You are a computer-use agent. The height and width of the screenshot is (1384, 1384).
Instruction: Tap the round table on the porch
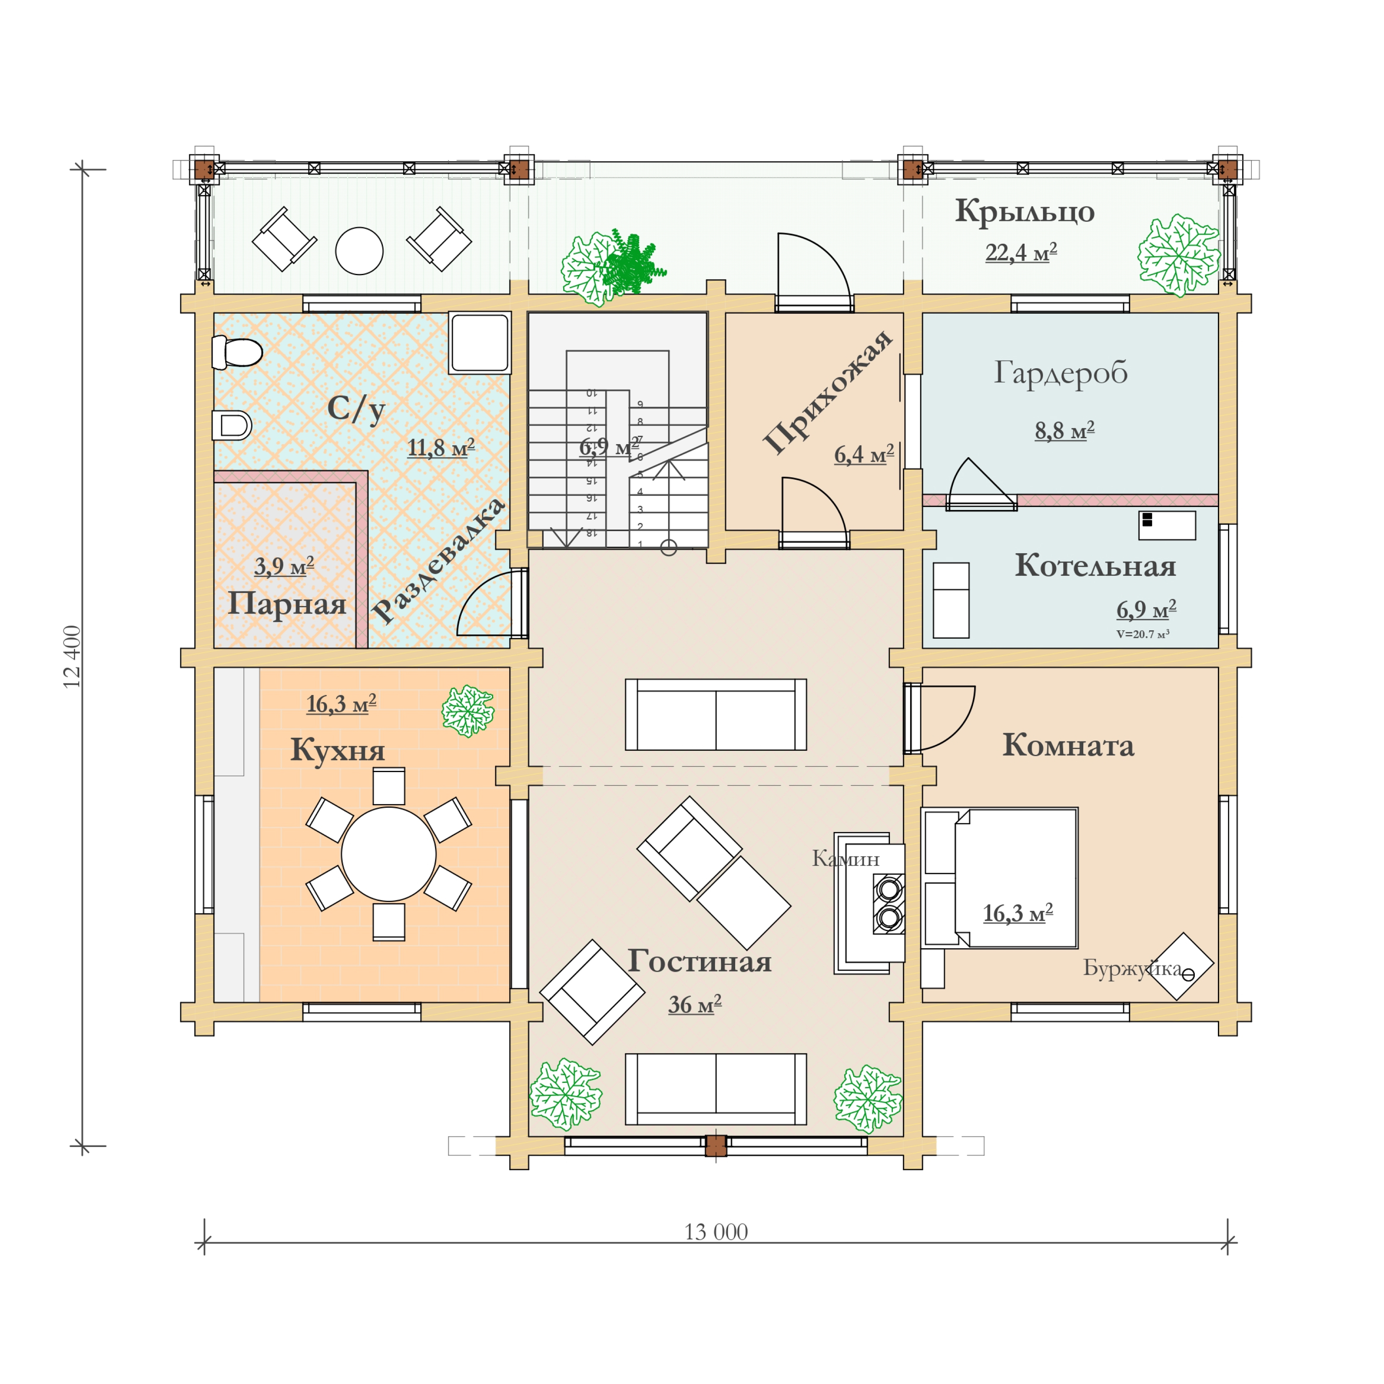point(359,251)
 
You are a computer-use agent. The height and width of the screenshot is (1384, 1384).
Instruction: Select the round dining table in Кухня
point(388,854)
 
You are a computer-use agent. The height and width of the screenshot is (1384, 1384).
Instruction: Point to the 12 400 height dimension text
point(73,656)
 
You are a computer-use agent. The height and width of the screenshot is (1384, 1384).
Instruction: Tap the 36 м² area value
point(694,1004)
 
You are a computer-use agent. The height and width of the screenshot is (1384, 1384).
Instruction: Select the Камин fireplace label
point(845,858)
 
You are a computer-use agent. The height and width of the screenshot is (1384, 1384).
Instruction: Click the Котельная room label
point(1095,566)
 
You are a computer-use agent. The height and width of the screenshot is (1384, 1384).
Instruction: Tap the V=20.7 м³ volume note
point(1142,634)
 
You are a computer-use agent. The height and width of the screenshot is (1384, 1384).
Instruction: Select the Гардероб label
point(1060,372)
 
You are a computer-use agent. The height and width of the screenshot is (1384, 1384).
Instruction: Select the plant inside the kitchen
point(467,710)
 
